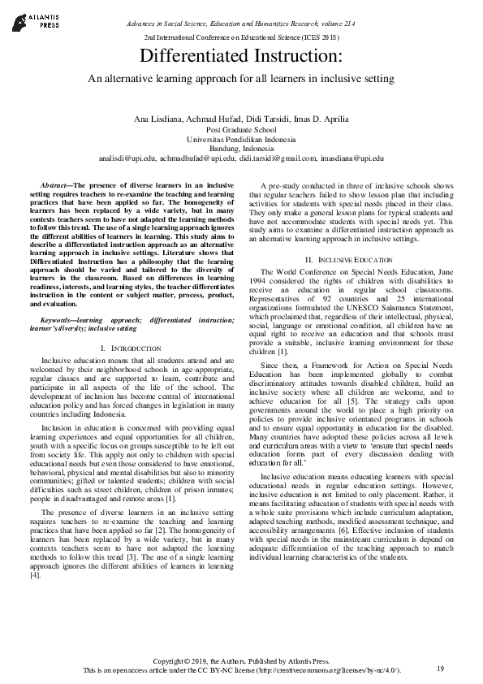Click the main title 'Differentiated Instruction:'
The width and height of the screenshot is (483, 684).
point(241,57)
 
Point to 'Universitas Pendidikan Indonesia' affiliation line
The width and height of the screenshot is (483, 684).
point(241,139)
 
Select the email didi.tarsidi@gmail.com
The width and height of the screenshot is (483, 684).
point(274,159)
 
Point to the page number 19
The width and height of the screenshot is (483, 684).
point(440,668)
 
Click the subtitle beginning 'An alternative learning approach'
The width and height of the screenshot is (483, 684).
point(241,79)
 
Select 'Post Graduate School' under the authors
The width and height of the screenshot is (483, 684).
point(241,129)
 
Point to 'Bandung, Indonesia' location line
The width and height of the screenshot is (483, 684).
point(241,149)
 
